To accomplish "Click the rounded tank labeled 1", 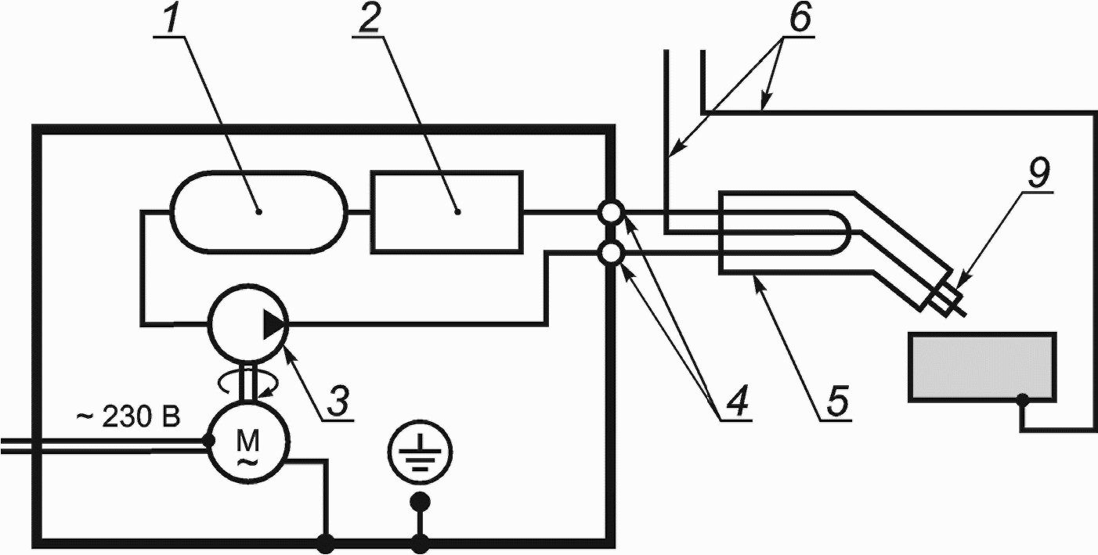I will (258, 211).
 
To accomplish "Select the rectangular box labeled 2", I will (446, 211).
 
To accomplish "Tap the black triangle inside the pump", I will (273, 323).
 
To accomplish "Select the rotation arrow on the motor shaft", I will (247, 384).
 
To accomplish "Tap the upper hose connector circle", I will (610, 212).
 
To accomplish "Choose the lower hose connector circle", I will (610, 254).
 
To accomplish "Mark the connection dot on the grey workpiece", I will (1022, 399).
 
